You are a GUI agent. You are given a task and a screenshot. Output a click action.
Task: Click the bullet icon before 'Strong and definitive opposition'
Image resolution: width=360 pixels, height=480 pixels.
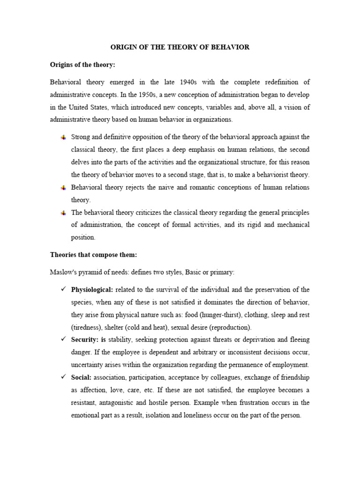click(63, 137)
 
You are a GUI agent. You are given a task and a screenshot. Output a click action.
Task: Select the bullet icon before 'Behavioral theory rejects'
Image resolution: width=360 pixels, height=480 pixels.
click(63, 187)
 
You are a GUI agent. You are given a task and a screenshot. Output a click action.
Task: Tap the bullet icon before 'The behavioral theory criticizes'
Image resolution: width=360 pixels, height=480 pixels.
click(63, 213)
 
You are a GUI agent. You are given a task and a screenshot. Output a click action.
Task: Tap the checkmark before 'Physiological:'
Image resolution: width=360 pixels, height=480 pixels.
click(63, 289)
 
